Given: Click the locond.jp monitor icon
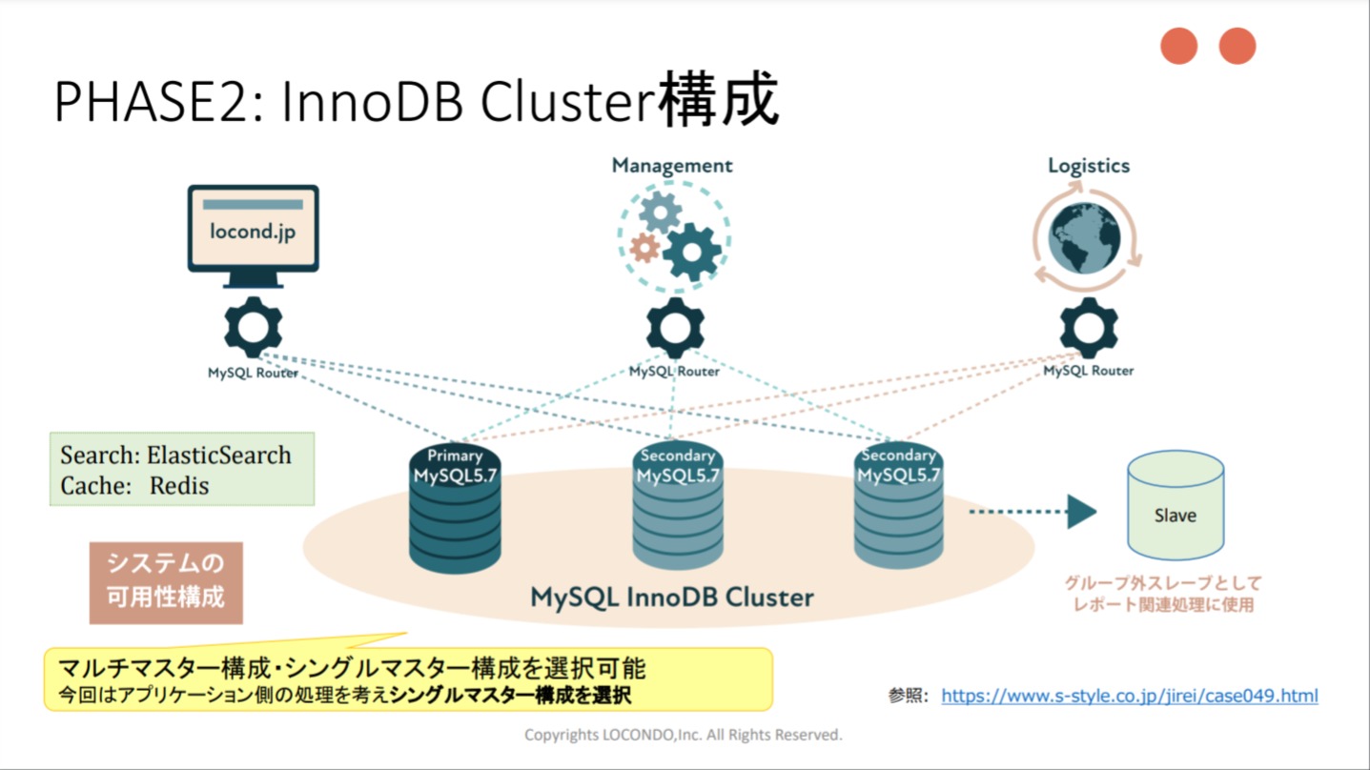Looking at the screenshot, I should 253,233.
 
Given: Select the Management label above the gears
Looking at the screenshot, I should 672,166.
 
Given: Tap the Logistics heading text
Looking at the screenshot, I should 1089,166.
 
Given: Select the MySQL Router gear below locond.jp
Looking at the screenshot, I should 253,328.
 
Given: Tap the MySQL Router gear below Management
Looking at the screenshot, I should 675,328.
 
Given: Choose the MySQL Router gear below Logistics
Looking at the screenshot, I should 1089,328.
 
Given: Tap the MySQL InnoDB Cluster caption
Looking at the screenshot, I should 672,598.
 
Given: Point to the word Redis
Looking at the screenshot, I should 179,486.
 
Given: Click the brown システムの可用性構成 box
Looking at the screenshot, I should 166,582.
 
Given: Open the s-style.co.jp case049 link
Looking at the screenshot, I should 1130,696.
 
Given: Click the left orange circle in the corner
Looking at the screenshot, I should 1178,46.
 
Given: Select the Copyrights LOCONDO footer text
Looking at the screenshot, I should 684,735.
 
